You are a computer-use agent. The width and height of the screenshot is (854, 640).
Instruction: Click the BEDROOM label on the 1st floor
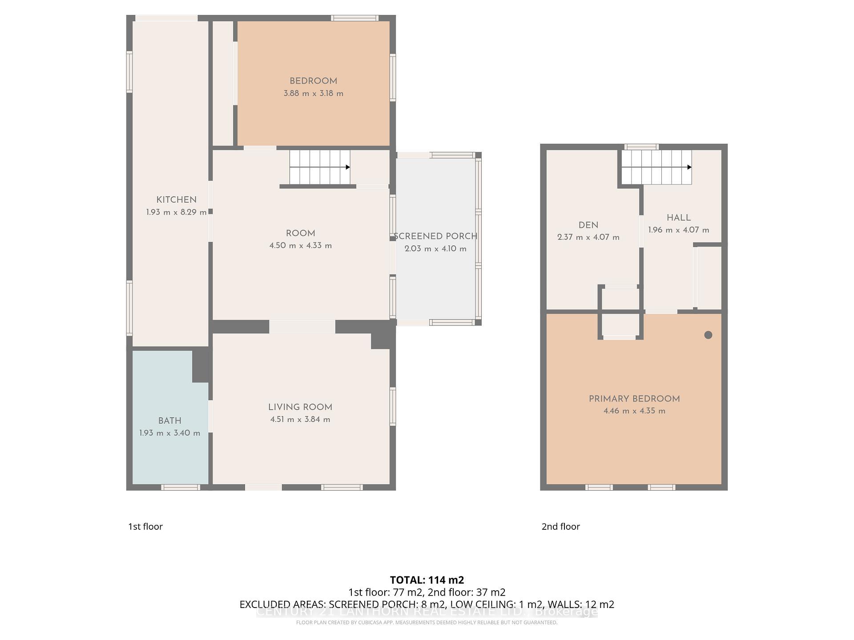(x=313, y=81)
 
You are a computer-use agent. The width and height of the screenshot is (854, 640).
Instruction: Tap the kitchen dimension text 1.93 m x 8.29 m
(x=176, y=212)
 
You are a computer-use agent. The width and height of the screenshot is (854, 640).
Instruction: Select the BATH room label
(x=169, y=420)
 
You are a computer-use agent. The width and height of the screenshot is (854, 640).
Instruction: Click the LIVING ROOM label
(x=300, y=407)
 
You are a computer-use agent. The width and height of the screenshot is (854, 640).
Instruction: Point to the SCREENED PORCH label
(x=435, y=236)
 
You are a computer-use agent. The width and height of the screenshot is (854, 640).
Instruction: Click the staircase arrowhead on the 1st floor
(x=348, y=167)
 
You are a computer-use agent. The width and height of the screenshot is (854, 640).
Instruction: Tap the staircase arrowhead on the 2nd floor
(x=689, y=167)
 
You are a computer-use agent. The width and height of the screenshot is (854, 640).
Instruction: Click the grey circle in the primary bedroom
(x=708, y=335)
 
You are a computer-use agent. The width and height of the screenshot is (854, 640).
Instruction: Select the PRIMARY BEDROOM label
(x=634, y=399)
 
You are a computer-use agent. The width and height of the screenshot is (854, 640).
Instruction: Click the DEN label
(x=588, y=225)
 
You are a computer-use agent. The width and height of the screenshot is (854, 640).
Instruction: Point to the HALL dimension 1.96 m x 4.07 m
(x=678, y=230)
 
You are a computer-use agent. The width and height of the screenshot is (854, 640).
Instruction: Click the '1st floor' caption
(x=145, y=526)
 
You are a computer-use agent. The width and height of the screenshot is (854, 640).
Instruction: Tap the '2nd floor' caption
(x=560, y=526)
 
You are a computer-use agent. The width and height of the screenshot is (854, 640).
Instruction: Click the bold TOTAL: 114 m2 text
(x=427, y=580)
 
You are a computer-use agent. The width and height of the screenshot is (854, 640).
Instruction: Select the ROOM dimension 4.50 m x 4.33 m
(x=300, y=246)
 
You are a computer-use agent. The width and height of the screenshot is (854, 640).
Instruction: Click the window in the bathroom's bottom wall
(x=180, y=488)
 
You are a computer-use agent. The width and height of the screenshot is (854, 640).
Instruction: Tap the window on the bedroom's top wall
(x=354, y=18)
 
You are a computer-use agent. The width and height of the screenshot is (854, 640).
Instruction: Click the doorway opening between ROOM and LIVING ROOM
(x=302, y=327)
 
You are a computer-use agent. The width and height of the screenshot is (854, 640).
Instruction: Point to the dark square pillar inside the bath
(x=201, y=365)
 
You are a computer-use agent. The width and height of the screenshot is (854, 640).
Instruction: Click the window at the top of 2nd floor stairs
(x=641, y=147)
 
